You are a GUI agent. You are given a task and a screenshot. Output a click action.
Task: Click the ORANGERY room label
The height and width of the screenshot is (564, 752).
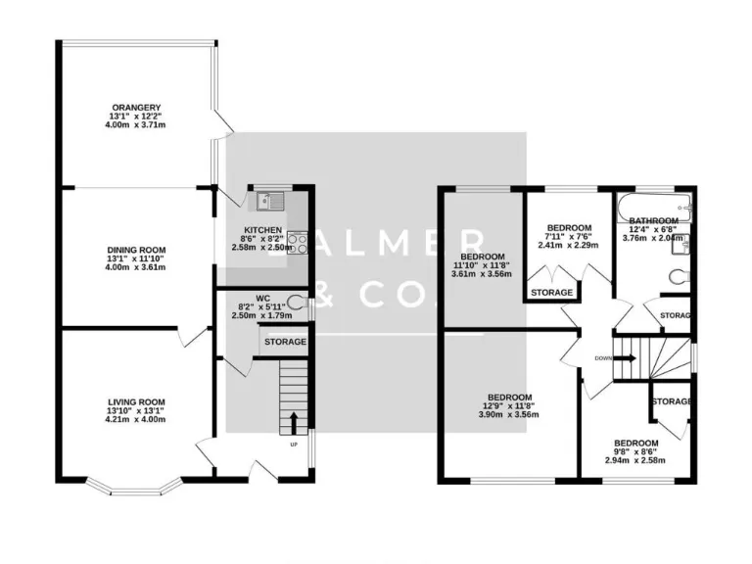pyautogui.click(x=136, y=107)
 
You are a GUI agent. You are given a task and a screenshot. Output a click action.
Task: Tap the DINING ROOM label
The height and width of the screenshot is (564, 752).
pyautogui.click(x=136, y=250)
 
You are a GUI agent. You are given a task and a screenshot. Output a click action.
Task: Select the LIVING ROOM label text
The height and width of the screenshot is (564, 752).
pyautogui.click(x=136, y=401)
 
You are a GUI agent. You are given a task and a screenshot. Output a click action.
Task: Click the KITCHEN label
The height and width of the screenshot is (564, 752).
pyautogui.click(x=262, y=229)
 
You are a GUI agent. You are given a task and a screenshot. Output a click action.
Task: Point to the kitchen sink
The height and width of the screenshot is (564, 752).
pyautogui.click(x=267, y=203)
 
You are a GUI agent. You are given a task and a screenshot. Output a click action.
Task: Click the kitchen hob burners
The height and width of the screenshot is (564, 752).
pyautogui.click(x=300, y=241)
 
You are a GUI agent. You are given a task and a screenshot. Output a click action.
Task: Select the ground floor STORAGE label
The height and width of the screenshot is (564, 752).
pyautogui.click(x=284, y=342)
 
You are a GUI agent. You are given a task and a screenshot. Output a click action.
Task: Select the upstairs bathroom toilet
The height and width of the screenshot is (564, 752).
pyautogui.click(x=680, y=277)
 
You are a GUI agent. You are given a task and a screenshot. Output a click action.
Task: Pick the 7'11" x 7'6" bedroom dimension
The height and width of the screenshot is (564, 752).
pyautogui.click(x=566, y=237)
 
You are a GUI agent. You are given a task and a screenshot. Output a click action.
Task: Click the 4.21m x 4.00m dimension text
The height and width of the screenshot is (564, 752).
pyautogui.click(x=136, y=419)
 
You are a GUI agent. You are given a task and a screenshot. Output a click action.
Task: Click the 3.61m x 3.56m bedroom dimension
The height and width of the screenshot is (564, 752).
pyautogui.click(x=480, y=273)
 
